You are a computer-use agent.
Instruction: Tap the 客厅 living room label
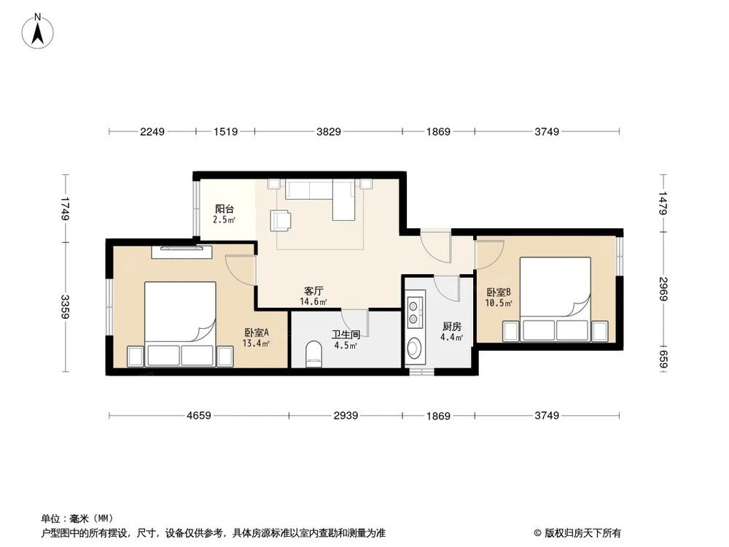(x=313, y=291)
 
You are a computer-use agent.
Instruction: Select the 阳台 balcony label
(x=224, y=209)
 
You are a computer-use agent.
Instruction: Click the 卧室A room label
(x=257, y=333)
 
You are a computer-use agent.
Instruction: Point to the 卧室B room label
(x=499, y=292)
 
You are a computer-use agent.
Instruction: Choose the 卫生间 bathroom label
(x=346, y=335)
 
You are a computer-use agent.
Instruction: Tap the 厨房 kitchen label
(x=452, y=327)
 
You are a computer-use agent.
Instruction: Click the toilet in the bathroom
(x=314, y=354)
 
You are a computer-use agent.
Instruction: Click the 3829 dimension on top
(x=329, y=131)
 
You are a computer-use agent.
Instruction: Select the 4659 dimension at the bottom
(x=199, y=416)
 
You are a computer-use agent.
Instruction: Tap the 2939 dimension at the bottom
(x=346, y=416)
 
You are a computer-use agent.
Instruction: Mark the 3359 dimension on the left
(x=66, y=307)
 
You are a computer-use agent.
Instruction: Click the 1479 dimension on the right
(x=663, y=203)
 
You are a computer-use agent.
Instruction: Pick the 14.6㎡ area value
(x=313, y=301)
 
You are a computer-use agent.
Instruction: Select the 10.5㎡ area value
(x=499, y=303)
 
